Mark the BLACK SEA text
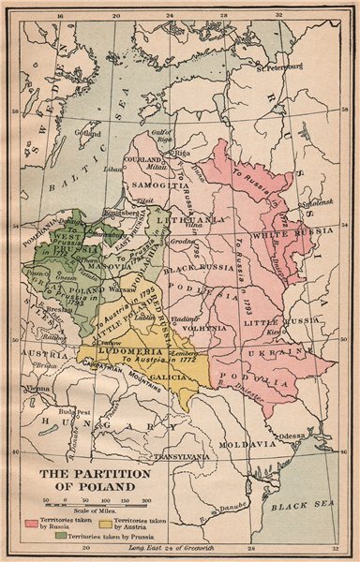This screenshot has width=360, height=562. [x=296, y=508]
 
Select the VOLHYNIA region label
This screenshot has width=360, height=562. [x=206, y=330]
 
